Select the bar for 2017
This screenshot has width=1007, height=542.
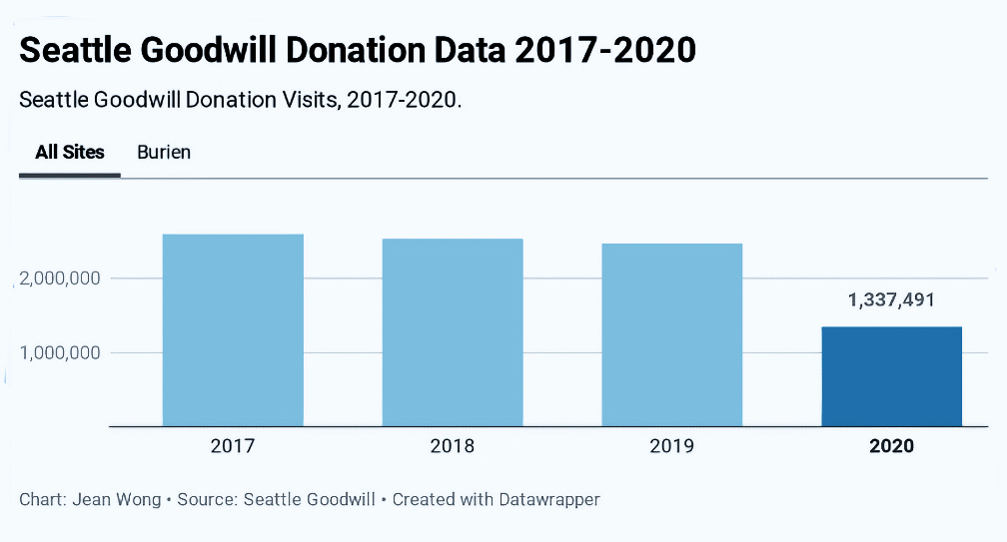pyautogui.click(x=233, y=329)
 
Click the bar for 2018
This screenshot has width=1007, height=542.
pyautogui.click(x=453, y=331)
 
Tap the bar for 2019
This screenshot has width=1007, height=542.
pyautogui.click(x=672, y=334)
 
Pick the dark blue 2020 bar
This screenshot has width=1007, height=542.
pyautogui.click(x=891, y=376)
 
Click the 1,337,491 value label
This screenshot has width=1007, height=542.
pyautogui.click(x=891, y=299)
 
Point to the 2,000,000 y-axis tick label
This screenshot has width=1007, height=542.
pyautogui.click(x=60, y=278)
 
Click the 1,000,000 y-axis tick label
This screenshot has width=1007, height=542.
pyautogui.click(x=60, y=353)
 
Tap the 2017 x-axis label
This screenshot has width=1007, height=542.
pyautogui.click(x=233, y=446)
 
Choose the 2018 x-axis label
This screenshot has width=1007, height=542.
pyautogui.click(x=453, y=446)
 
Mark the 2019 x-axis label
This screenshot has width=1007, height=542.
pyautogui.click(x=672, y=446)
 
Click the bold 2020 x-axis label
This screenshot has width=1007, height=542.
pyautogui.click(x=891, y=446)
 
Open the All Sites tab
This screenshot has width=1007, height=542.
pyautogui.click(x=70, y=153)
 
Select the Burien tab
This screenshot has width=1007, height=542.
pyautogui.click(x=164, y=153)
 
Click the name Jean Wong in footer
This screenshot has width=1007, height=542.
pyautogui.click(x=117, y=499)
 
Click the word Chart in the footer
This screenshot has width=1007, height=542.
pyautogui.click(x=40, y=499)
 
